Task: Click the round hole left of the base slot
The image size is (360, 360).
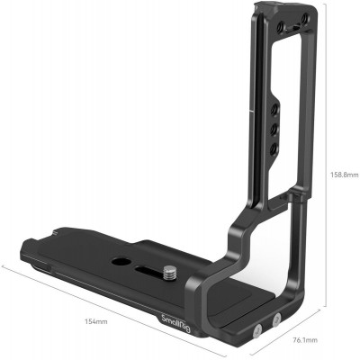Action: pyautogui.click(x=120, y=262)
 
